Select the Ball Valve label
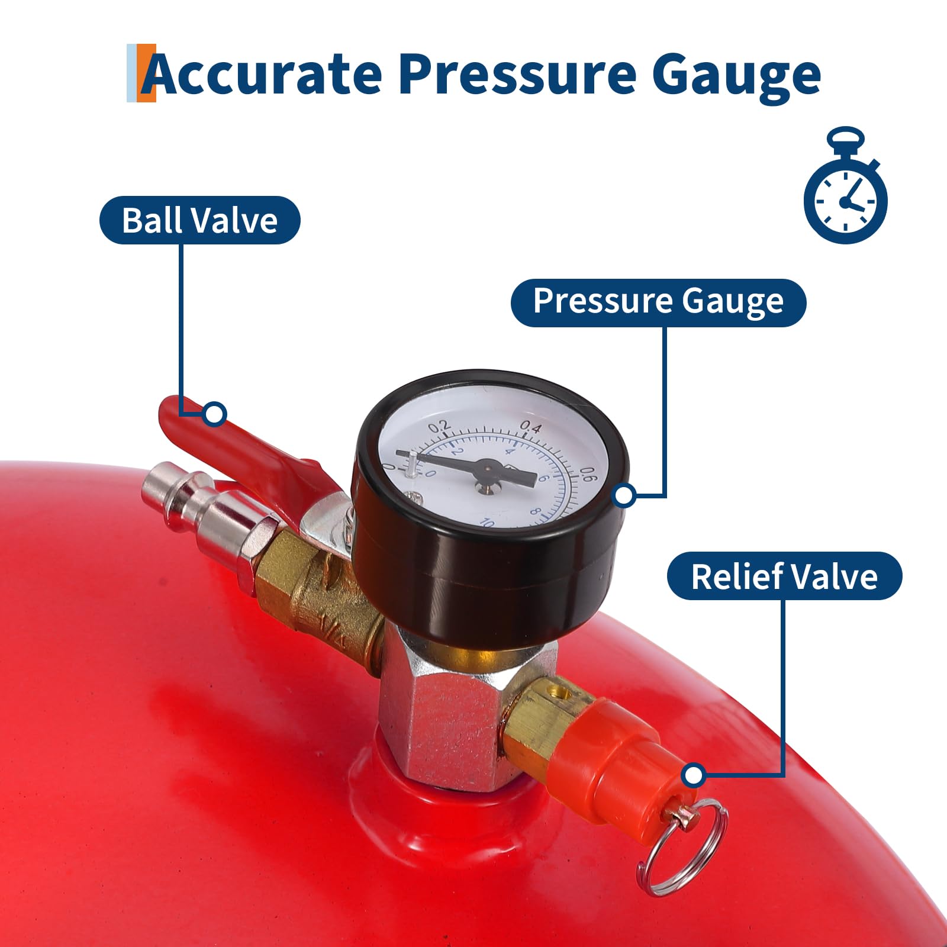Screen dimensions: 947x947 tap(199, 220)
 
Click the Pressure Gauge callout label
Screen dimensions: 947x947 tap(658, 302)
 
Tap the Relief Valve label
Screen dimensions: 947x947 tap(784, 576)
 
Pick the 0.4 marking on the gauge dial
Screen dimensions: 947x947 tap(530, 427)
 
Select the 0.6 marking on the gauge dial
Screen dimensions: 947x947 tap(587, 475)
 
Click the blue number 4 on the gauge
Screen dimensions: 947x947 tap(510, 451)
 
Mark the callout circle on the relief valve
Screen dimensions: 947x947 tap(693, 775)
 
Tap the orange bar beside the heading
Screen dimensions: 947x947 tap(147, 72)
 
